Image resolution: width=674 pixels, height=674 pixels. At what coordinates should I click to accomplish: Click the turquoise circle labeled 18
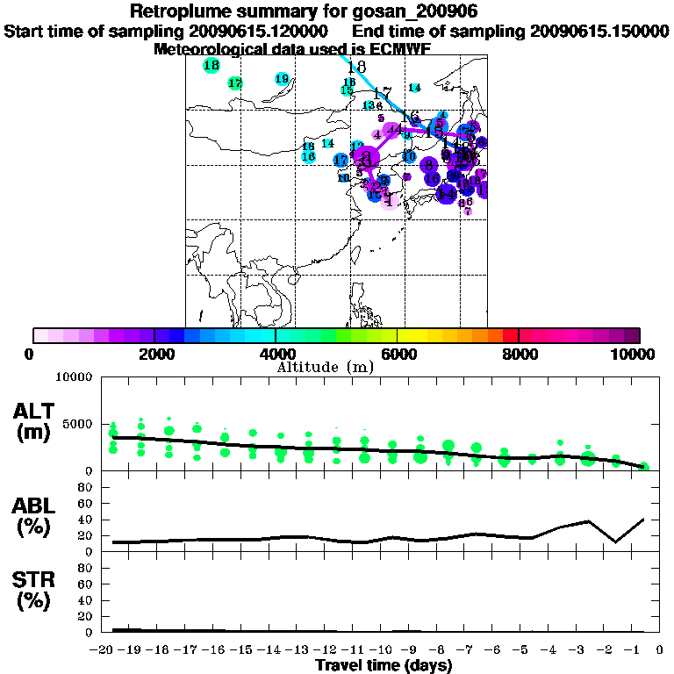(211, 66)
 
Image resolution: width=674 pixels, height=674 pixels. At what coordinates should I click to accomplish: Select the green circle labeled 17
(234, 83)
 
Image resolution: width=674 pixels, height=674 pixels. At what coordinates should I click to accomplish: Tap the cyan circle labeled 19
(282, 79)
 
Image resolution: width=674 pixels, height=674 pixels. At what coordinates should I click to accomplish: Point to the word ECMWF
(397, 49)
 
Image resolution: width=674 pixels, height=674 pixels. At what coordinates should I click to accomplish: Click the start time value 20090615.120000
(258, 32)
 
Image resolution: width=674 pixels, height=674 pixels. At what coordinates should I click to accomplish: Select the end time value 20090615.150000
(599, 32)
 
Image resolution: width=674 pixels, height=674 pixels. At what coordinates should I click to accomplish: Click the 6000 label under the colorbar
(398, 354)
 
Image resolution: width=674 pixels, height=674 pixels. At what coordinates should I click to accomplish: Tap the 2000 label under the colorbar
(154, 354)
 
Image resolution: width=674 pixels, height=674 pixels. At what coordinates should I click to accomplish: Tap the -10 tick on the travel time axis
(383, 649)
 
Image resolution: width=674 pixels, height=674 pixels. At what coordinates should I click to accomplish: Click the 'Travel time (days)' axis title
(384, 665)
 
